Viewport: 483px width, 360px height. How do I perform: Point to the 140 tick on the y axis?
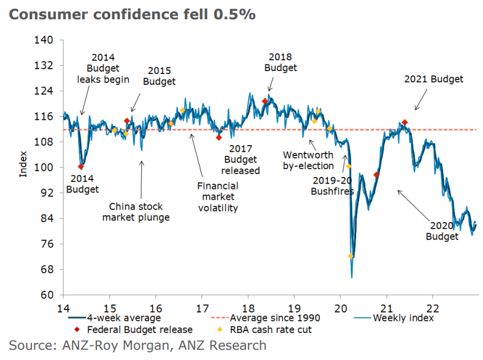point(46,40)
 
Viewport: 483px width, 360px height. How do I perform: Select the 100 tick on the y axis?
point(46,167)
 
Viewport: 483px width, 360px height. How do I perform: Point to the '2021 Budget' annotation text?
point(434,79)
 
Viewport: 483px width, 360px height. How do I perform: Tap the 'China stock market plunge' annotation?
point(136,212)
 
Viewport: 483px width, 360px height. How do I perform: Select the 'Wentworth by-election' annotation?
point(308,161)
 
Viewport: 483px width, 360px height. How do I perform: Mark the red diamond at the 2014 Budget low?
point(81,167)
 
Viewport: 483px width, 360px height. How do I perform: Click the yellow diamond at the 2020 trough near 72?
point(351,256)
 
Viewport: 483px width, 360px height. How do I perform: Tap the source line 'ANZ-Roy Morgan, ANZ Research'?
point(137,346)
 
